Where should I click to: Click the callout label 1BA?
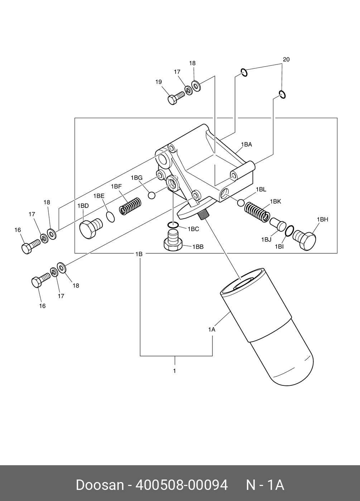pyautogui.click(x=246, y=145)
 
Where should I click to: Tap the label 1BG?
pyautogui.click(x=136, y=178)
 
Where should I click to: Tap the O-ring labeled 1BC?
pyautogui.click(x=173, y=225)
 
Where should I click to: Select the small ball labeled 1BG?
pyautogui.click(x=152, y=195)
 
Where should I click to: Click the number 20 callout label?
pyautogui.click(x=286, y=59)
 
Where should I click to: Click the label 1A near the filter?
pyautogui.click(x=212, y=329)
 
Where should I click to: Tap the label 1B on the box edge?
pyautogui.click(x=139, y=254)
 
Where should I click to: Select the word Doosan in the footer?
pyautogui.click(x=99, y=485)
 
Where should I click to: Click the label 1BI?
pyautogui.click(x=279, y=246)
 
